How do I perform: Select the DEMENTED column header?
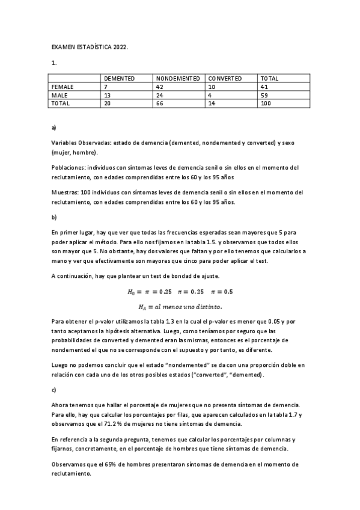(119, 79)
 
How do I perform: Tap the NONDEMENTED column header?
(178, 79)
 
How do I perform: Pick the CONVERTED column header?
(225, 79)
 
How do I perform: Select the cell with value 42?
(160, 87)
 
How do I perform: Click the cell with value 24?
(160, 95)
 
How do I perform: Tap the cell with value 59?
(264, 95)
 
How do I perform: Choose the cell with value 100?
(266, 103)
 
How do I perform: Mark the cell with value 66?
(160, 103)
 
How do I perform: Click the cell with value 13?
(108, 95)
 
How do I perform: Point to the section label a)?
(54, 128)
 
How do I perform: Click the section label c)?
(53, 390)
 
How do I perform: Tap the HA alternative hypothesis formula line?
(180, 306)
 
